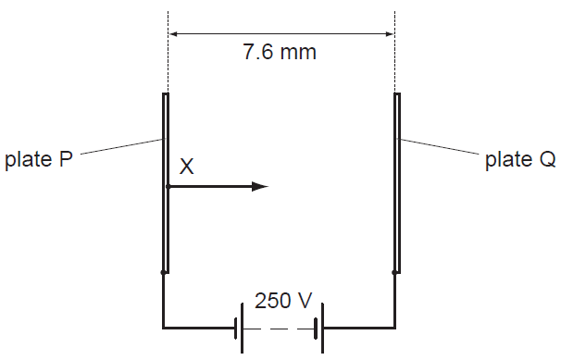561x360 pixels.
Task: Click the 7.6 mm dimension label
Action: (x=280, y=52)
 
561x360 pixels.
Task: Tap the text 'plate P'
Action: (x=39, y=159)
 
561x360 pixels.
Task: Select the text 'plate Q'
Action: (x=520, y=159)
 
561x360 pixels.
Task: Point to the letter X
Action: (x=187, y=167)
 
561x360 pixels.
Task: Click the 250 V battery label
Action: (x=283, y=300)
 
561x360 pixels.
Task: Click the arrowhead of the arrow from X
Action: (x=260, y=186)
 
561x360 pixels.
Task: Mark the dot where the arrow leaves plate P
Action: (x=168, y=187)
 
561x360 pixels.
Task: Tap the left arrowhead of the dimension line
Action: (x=174, y=34)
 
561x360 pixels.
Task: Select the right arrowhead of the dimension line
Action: (x=389, y=34)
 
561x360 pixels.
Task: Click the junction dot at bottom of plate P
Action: (x=163, y=272)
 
